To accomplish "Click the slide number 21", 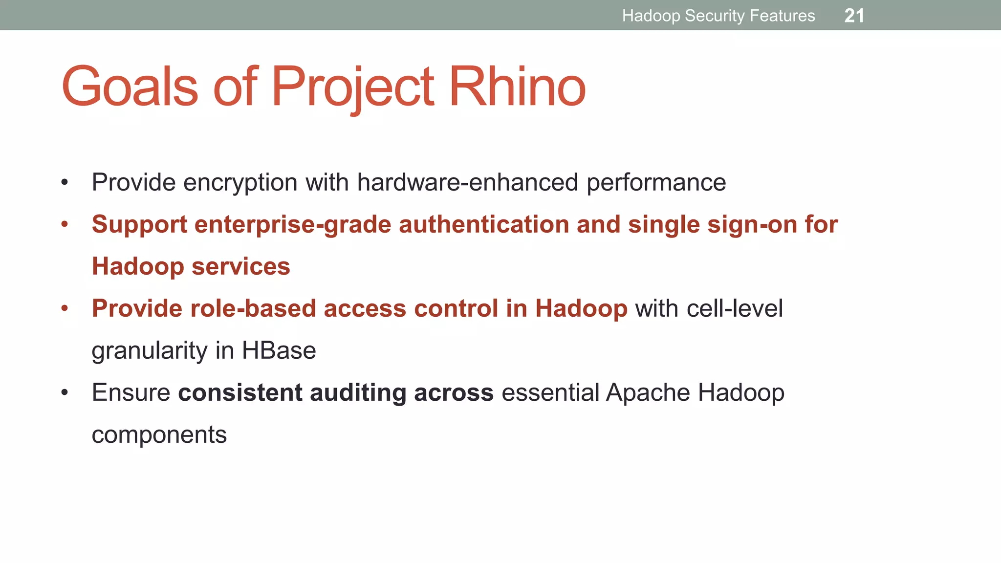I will (x=854, y=16).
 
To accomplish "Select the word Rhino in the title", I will (x=517, y=87).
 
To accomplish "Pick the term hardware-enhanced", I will (x=468, y=182).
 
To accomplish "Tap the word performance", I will (x=656, y=183).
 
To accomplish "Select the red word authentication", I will (x=484, y=225).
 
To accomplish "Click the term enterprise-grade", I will (x=293, y=225).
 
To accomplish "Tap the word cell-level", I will (x=735, y=309).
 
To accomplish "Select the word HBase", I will (x=279, y=351).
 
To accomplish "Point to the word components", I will (x=159, y=435).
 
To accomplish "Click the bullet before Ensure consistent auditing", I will (x=65, y=393).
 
